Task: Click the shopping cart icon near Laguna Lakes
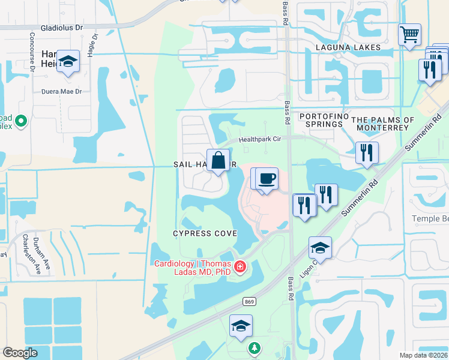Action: [409, 35]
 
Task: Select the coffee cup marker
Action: [267, 179]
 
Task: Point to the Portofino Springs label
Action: [321, 120]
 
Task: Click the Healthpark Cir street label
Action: [260, 139]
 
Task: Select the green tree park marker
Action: [255, 347]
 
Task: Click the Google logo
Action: [20, 353]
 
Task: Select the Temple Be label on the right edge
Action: [430, 219]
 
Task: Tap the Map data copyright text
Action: [423, 355]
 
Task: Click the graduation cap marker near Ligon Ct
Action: [321, 248]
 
